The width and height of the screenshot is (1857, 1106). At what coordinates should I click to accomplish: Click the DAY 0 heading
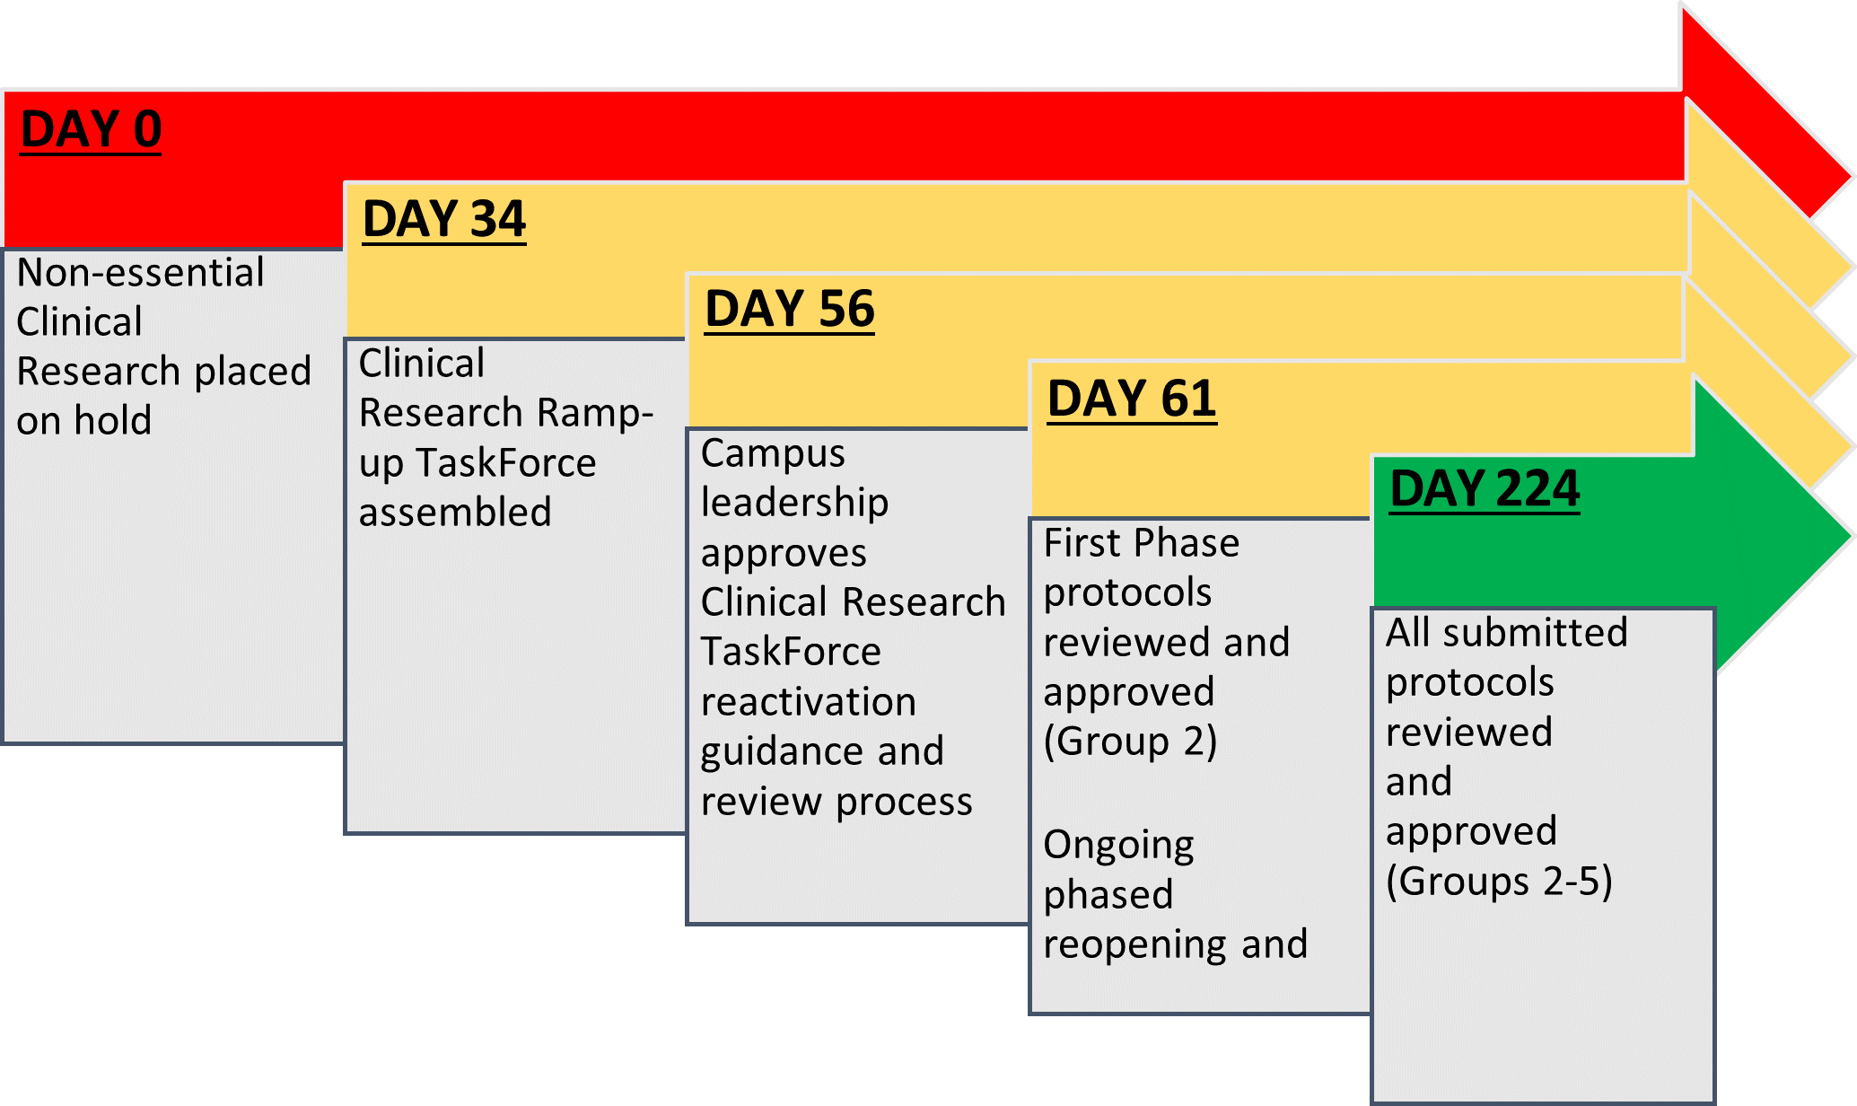[91, 129]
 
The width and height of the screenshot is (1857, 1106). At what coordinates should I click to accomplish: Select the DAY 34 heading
[444, 219]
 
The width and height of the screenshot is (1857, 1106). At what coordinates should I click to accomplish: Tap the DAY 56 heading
[789, 309]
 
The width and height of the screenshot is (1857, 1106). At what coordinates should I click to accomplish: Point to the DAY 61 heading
[1132, 399]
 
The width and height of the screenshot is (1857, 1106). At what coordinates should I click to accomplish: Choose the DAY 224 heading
[1485, 489]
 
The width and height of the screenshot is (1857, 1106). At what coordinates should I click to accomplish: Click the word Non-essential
[140, 273]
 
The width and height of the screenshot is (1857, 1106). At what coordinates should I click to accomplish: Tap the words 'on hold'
[84, 420]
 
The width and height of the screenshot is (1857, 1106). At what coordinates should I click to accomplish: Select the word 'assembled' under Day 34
[455, 513]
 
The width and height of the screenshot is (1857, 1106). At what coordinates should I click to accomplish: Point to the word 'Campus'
[773, 453]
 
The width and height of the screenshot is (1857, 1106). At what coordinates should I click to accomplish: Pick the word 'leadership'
[794, 503]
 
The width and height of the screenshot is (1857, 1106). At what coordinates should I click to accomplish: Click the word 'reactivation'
[809, 702]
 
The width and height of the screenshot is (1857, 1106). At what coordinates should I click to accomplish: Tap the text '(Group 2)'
[1130, 742]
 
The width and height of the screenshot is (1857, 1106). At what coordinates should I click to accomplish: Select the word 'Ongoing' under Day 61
[1118, 846]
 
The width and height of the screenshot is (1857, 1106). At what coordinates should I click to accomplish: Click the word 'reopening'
[1134, 944]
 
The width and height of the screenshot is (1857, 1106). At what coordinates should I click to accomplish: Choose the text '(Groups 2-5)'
[1499, 882]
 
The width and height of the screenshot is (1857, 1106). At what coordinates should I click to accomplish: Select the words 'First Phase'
[1142, 543]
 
